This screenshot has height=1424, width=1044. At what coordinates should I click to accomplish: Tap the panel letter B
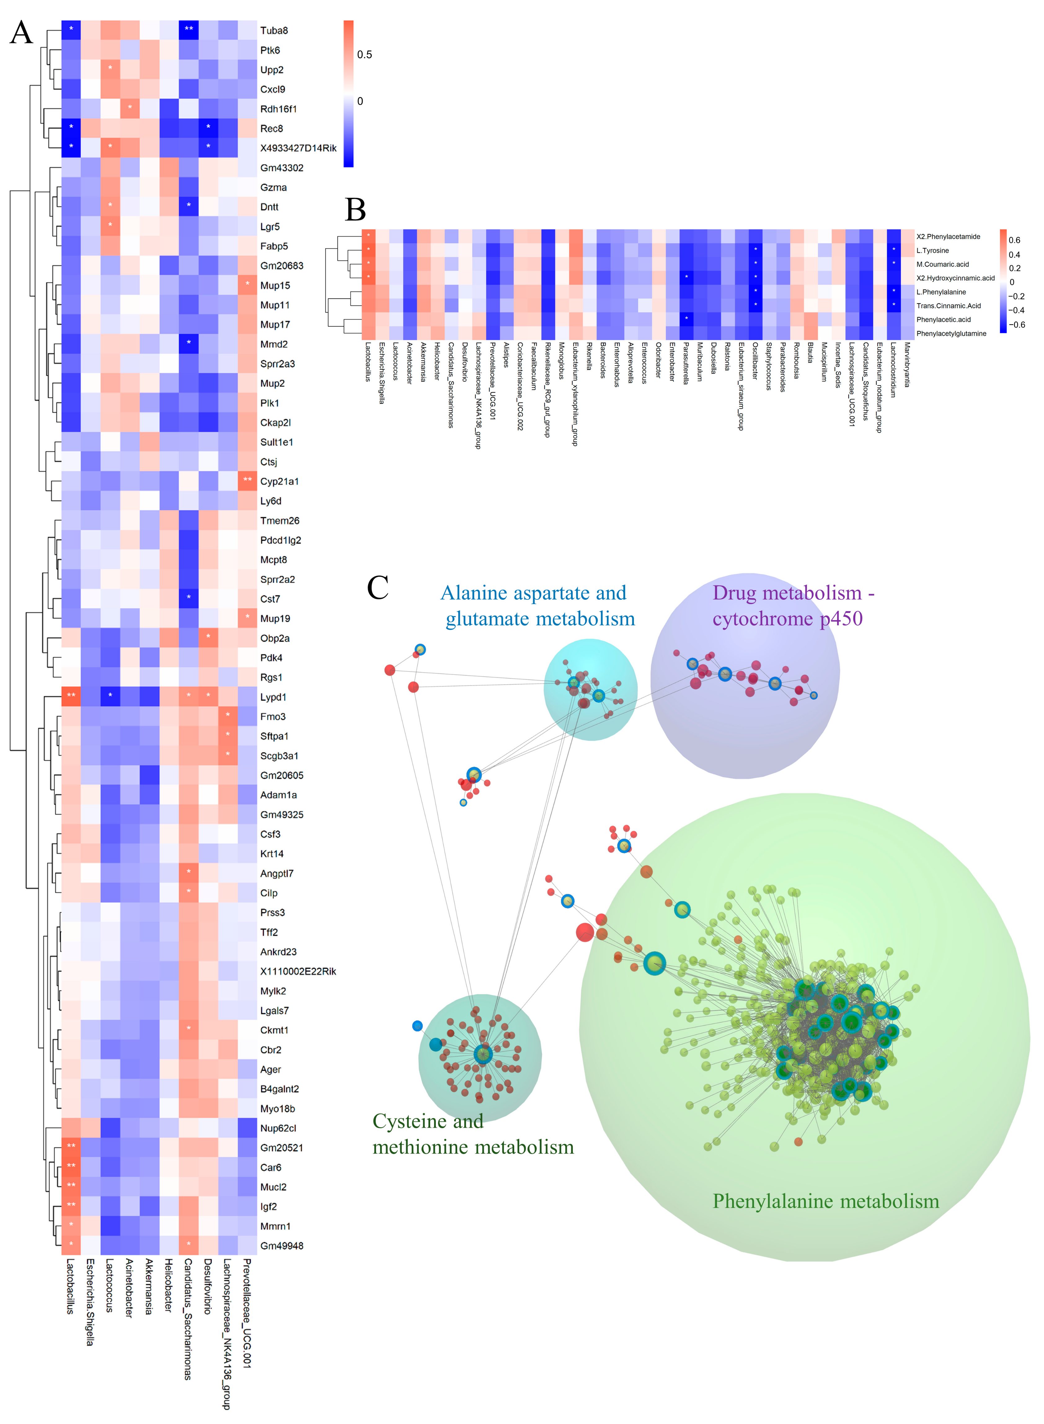pyautogui.click(x=355, y=209)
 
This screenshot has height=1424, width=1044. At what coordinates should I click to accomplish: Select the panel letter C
pyautogui.click(x=378, y=588)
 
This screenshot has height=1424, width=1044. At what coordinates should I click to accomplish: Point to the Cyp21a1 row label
pyautogui.click(x=279, y=482)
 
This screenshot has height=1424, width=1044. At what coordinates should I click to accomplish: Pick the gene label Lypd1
pyautogui.click(x=273, y=697)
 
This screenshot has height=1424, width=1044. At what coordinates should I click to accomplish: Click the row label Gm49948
pyautogui.click(x=281, y=1246)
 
